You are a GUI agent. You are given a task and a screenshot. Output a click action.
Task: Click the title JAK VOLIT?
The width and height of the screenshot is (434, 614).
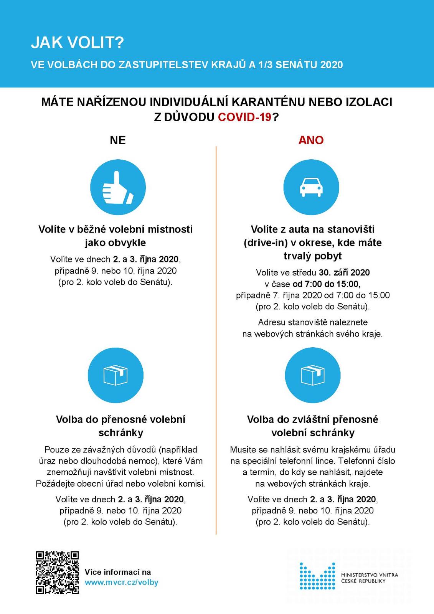[78, 43]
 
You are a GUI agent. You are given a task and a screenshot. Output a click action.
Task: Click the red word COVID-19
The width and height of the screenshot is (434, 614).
[245, 117]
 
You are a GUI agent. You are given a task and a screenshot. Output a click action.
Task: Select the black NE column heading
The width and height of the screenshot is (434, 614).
[118, 140]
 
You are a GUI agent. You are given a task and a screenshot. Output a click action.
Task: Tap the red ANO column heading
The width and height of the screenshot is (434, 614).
[311, 140]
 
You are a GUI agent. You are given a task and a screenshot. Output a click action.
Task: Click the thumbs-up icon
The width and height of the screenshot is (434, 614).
[118, 188]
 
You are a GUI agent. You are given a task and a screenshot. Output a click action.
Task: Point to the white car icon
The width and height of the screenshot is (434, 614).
[311, 187]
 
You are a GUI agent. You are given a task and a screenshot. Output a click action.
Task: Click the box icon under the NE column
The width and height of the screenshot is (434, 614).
[116, 375]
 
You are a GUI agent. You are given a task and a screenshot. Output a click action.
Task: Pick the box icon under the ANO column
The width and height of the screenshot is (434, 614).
[313, 375]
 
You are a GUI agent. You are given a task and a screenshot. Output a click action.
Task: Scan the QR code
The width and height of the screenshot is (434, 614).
[57, 572]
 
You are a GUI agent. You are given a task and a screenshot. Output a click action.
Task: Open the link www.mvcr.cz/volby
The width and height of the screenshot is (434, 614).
[121, 582]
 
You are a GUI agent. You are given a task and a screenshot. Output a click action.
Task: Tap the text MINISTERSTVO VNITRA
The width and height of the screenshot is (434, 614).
[370, 575]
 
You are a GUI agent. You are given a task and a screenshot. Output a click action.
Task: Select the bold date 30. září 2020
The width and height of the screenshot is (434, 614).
[344, 272]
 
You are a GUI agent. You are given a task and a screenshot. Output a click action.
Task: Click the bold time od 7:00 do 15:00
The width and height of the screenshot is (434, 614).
[327, 284]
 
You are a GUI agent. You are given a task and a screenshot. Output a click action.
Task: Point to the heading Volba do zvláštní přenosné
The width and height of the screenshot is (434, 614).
[312, 419]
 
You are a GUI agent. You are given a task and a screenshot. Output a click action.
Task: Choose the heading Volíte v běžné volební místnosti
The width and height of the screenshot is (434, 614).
[116, 229]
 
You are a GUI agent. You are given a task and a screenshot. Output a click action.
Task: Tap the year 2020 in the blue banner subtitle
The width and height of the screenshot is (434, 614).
[331, 64]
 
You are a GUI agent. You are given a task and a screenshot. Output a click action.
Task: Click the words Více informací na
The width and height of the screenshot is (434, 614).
[118, 572]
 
